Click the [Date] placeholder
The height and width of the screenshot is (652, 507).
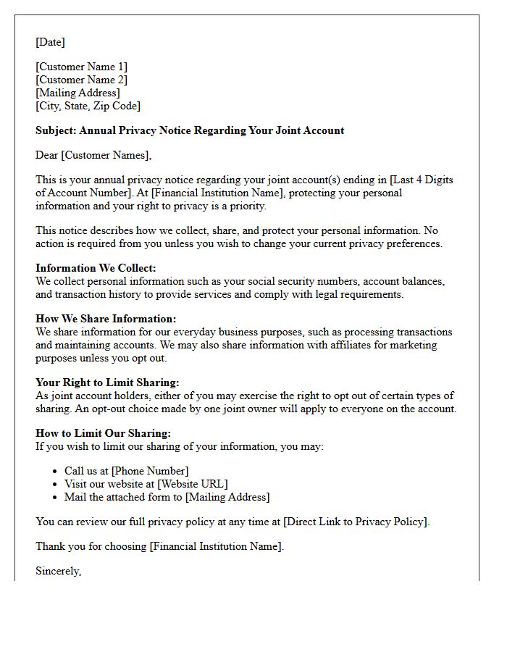tap(50, 42)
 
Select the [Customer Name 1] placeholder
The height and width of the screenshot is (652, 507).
tap(81, 67)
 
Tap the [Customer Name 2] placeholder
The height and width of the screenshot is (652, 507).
tap(81, 80)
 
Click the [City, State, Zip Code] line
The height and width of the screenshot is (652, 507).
tap(88, 106)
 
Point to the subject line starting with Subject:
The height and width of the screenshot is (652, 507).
tap(190, 130)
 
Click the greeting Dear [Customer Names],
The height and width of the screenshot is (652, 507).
tap(93, 155)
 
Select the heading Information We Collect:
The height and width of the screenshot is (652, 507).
tap(96, 268)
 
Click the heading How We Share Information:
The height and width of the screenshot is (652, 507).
tap(106, 319)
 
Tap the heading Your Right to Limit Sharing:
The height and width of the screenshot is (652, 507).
tap(107, 383)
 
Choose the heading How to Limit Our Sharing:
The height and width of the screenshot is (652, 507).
tap(103, 433)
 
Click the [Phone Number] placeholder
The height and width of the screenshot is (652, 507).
tap(150, 471)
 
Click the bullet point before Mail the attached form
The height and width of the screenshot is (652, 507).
tap(56, 497)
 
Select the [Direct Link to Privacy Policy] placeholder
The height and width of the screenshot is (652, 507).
tap(356, 522)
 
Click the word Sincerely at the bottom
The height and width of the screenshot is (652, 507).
tap(58, 571)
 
